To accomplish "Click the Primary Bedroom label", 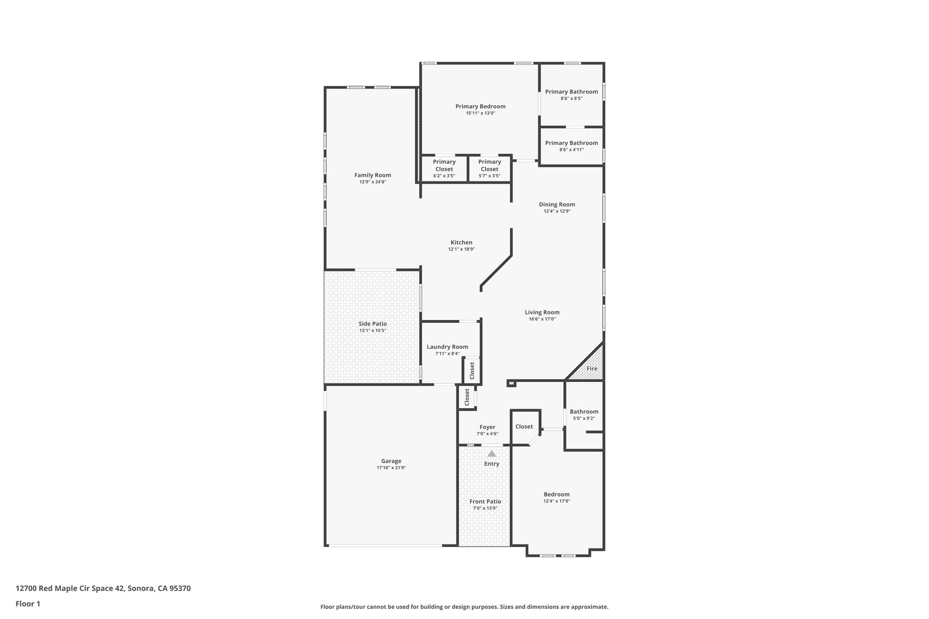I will click(480, 107).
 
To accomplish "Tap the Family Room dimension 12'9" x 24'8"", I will click(372, 182).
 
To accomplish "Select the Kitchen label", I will click(461, 243).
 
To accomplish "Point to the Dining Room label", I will click(557, 205).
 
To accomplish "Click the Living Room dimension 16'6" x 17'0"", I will click(542, 319).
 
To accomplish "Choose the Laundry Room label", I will click(447, 347).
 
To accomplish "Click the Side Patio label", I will click(372, 324).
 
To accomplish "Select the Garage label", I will click(391, 461).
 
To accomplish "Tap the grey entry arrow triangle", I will click(492, 453).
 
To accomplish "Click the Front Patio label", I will click(485, 502).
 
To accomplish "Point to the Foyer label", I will click(487, 427).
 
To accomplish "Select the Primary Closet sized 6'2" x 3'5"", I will click(444, 169).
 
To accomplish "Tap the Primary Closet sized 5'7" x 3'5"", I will click(489, 169).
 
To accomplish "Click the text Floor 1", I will click(28, 604).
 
